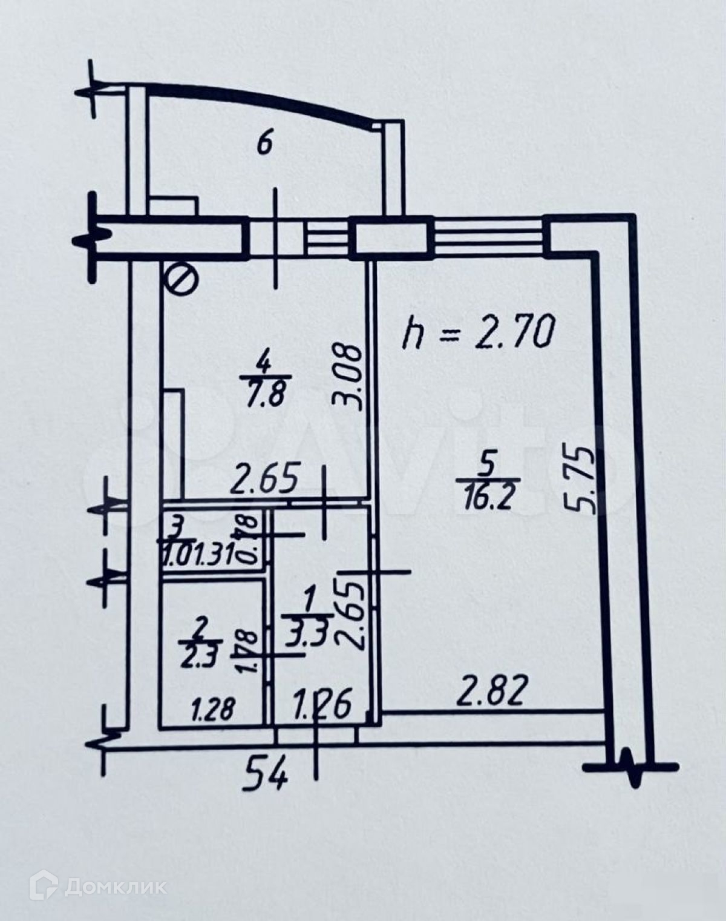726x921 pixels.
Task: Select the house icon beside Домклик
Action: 45,887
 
